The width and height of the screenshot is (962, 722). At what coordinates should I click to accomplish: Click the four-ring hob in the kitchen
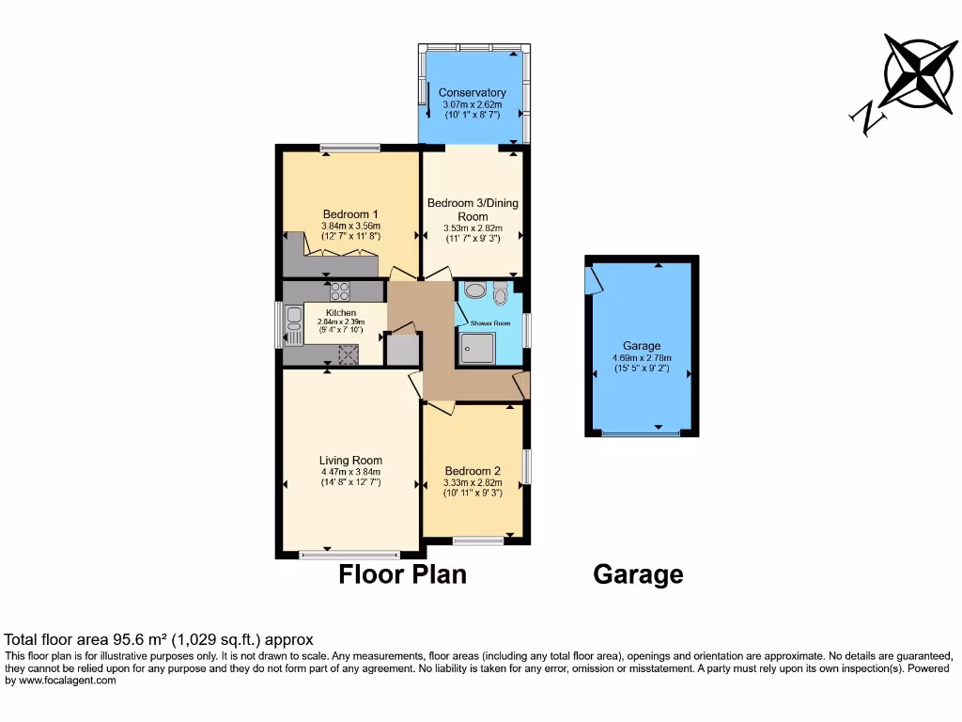(x=339, y=290)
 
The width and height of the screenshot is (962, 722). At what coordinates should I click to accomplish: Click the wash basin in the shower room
(x=474, y=291)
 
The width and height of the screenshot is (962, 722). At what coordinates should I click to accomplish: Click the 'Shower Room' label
(x=490, y=323)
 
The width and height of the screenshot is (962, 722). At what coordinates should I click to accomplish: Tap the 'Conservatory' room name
(x=473, y=92)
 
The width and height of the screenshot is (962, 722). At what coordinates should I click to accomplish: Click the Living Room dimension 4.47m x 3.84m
(x=350, y=472)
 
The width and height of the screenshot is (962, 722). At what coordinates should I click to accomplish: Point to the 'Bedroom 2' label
(x=473, y=470)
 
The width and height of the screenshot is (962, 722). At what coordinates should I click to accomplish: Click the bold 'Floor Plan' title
(x=402, y=574)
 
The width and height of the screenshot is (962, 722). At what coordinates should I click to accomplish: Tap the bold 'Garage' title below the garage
(x=638, y=574)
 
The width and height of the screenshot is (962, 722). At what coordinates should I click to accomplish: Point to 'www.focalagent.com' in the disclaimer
(x=61, y=680)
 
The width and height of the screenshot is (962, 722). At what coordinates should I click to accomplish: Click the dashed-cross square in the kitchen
(x=349, y=353)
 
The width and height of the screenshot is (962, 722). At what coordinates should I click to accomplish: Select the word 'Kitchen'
(x=341, y=312)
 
